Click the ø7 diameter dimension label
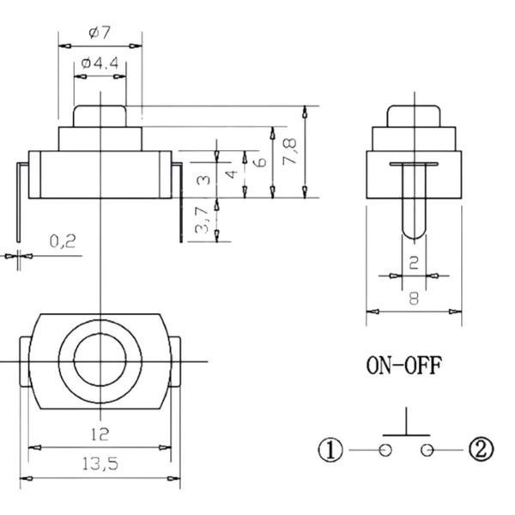tap(100, 33)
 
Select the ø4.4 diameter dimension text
tap(100, 63)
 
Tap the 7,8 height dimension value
tap(290, 151)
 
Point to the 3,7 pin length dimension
tap(202, 220)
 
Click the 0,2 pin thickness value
tap(63, 241)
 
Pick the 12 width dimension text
tap(100, 434)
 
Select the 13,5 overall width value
tap(100, 464)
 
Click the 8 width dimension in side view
tap(415, 299)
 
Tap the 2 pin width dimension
tap(415, 264)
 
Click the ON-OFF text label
tap(403, 366)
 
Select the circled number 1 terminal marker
tap(330, 450)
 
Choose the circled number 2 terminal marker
tap(481, 449)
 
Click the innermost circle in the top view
tap(74, 360)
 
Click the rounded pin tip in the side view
tap(414, 237)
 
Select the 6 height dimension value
tap(261, 162)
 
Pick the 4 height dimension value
tap(232, 173)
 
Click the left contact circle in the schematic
tap(385, 450)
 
